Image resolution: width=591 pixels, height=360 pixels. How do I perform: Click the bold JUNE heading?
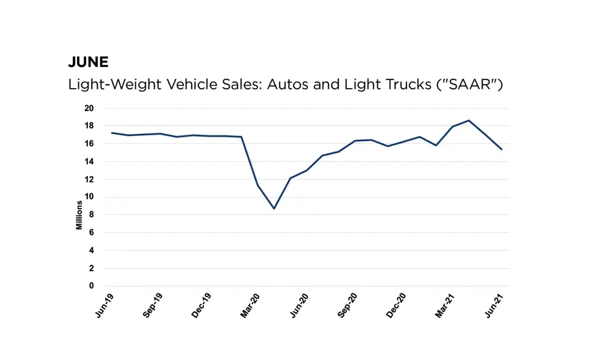pyautogui.click(x=88, y=62)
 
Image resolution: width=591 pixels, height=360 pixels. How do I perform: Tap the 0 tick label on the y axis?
pyautogui.click(x=92, y=286)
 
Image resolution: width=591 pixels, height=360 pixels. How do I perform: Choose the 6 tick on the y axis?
pyautogui.click(x=92, y=233)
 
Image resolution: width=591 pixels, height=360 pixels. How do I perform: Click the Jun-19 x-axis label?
pyautogui.click(x=104, y=305)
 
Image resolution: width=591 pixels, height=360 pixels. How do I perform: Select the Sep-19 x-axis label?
pyautogui.click(x=153, y=305)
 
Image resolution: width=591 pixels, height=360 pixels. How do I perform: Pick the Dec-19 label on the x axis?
pyautogui.click(x=202, y=305)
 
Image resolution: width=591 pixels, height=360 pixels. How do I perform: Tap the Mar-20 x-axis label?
pyautogui.click(x=250, y=305)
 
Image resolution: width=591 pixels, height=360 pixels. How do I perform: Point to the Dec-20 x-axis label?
pyautogui.click(x=397, y=305)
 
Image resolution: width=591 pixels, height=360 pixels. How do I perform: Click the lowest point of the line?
pyautogui.click(x=274, y=208)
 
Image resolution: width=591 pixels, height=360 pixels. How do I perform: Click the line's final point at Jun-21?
pyautogui.click(x=502, y=150)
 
